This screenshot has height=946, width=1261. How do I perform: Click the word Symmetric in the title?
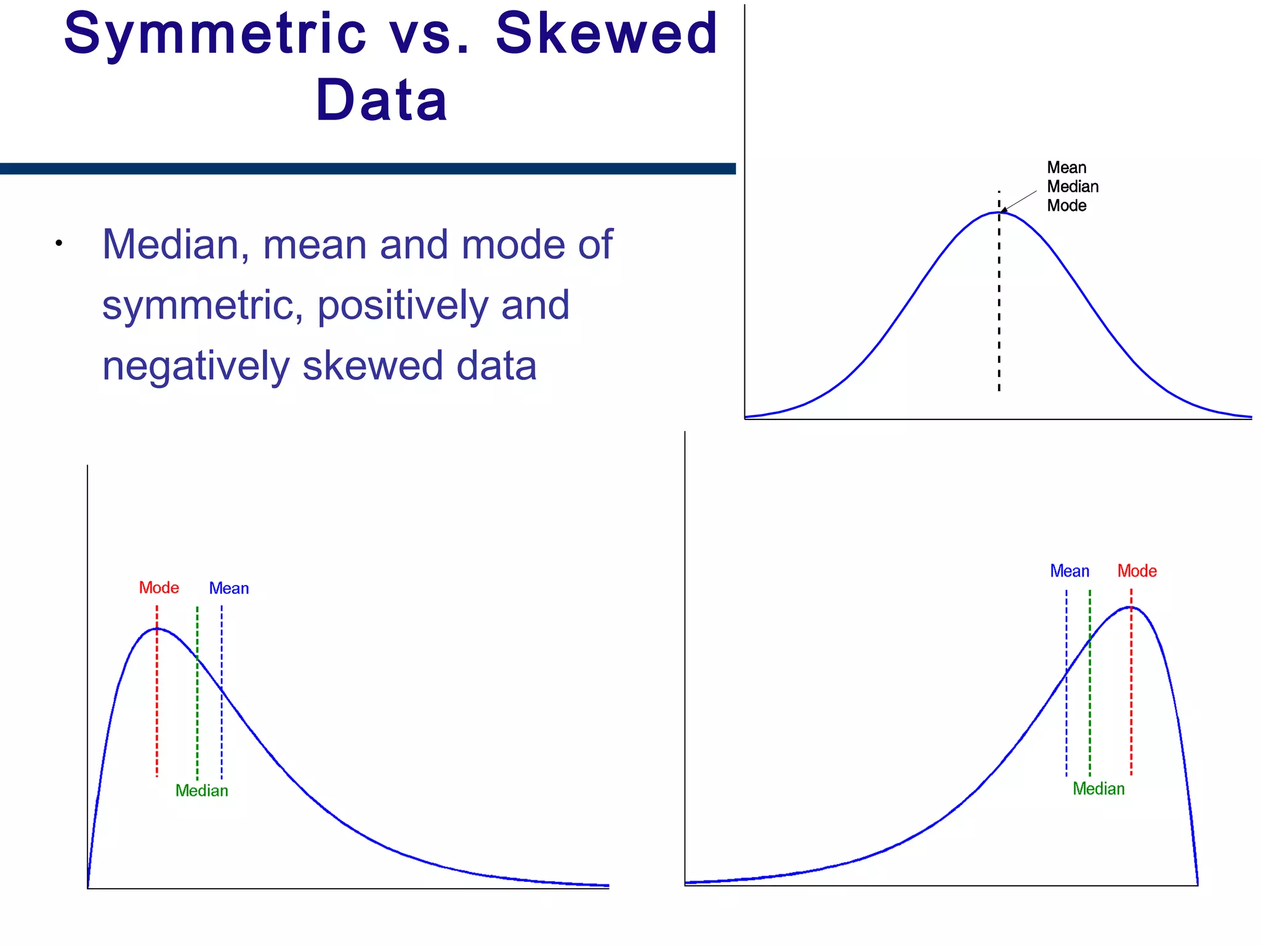(x=215, y=34)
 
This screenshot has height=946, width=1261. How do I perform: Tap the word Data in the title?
(x=381, y=100)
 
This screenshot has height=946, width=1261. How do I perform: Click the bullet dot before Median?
(x=58, y=243)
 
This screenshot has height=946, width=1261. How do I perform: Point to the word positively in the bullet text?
(x=404, y=305)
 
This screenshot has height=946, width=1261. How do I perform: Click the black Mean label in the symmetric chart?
(x=1066, y=168)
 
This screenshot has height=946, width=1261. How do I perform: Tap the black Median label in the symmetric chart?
(x=1073, y=187)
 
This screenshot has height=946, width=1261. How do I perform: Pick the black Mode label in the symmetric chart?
(x=1066, y=206)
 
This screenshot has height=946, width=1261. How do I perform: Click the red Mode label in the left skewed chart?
(x=159, y=588)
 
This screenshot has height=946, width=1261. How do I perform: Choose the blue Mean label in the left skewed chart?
(x=229, y=588)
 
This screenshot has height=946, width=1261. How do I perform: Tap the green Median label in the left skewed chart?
(x=202, y=791)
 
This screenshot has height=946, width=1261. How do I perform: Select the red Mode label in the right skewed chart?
(x=1137, y=571)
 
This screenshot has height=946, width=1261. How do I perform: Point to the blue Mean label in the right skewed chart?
(x=1070, y=571)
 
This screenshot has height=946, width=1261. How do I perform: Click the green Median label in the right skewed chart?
(x=1098, y=789)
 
